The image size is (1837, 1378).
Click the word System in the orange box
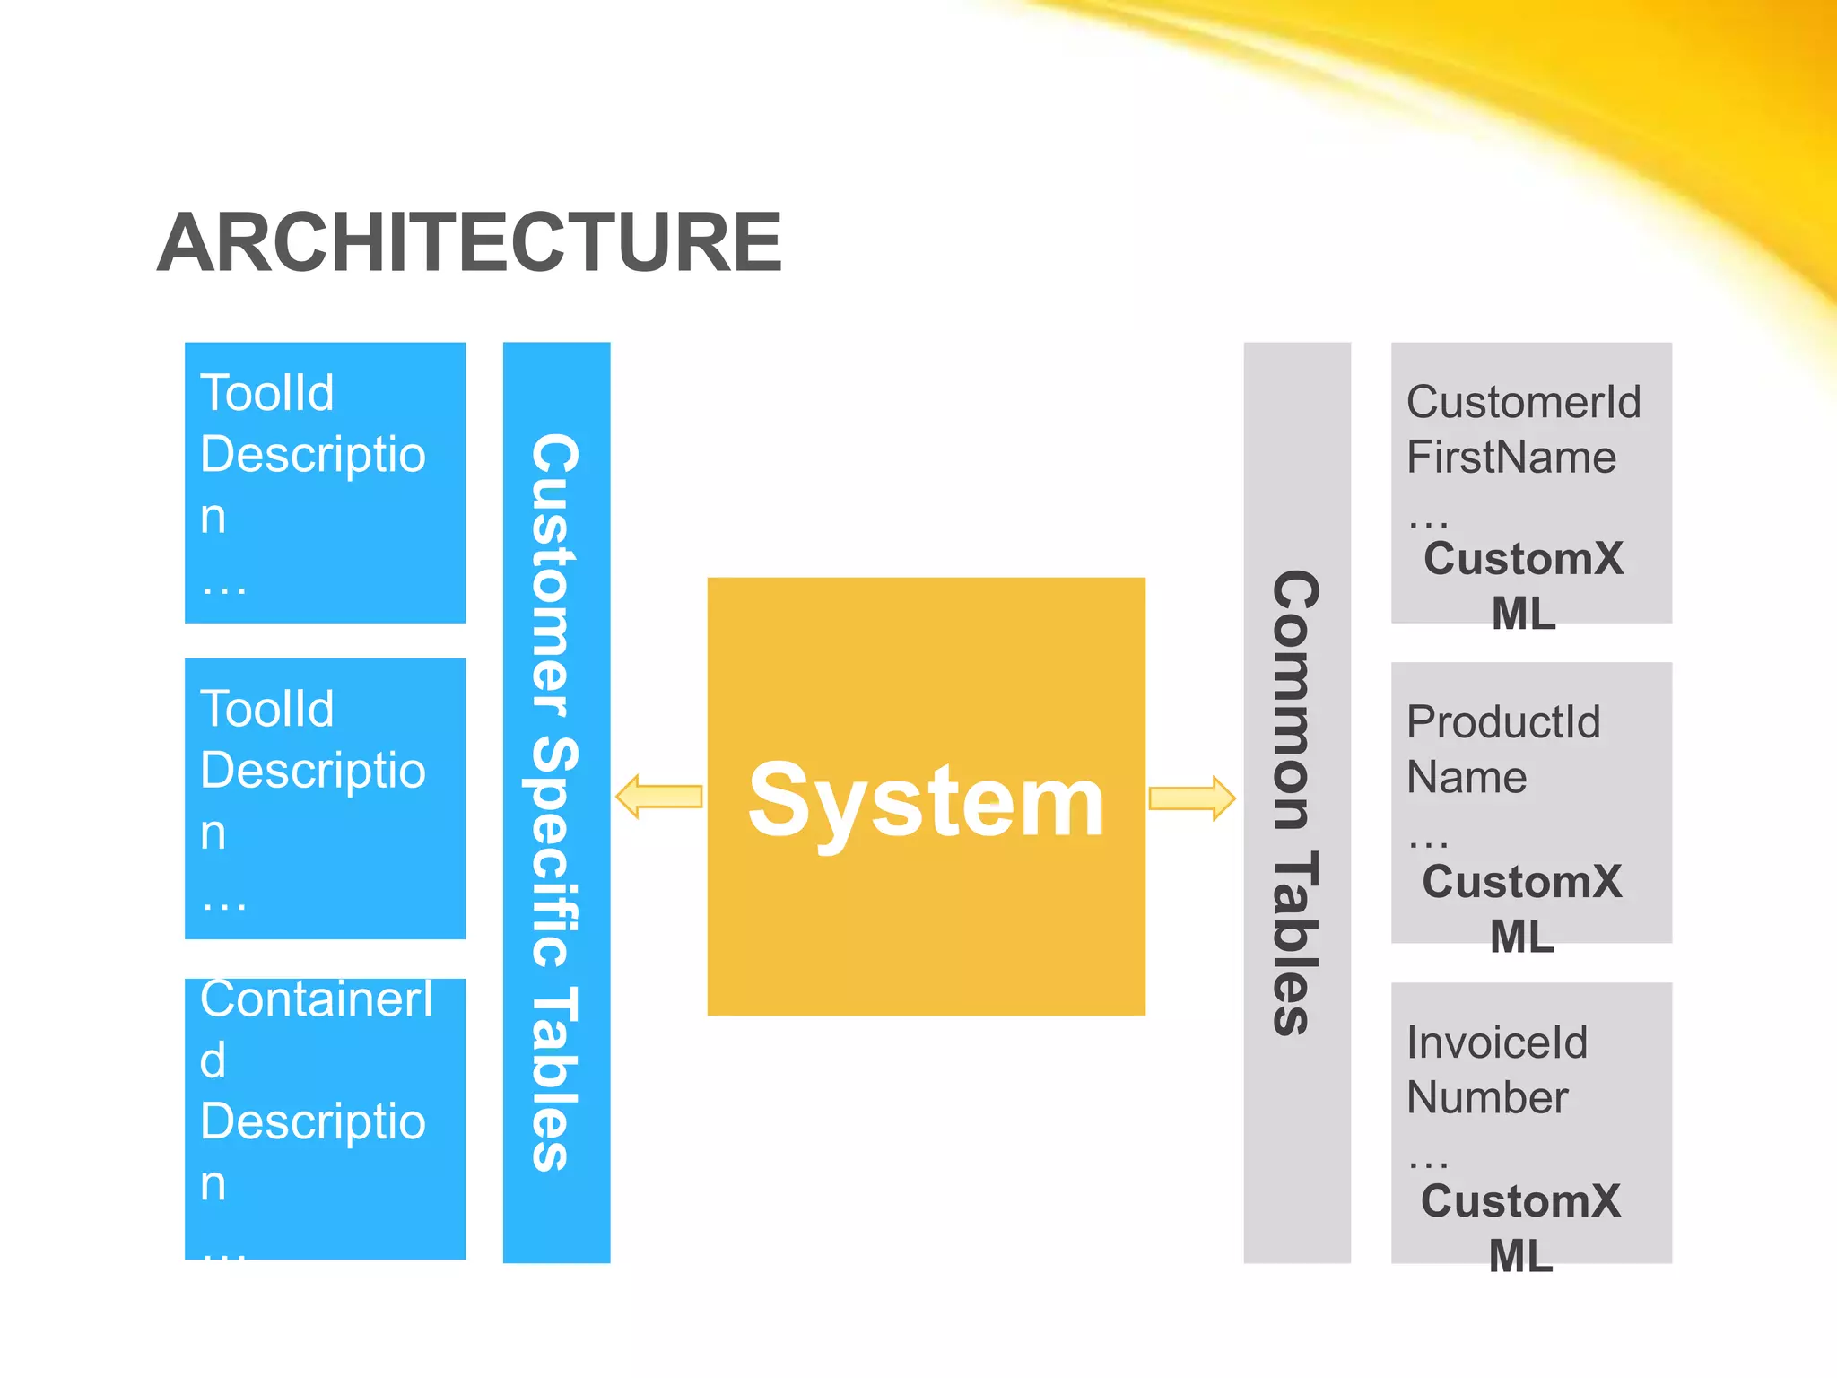pyautogui.click(x=925, y=800)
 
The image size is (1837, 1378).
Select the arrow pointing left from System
pyautogui.click(x=659, y=797)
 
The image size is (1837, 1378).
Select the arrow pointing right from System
pyautogui.click(x=1192, y=798)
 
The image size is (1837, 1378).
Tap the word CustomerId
pyautogui.click(x=1523, y=402)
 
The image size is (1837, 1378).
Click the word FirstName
pyautogui.click(x=1511, y=457)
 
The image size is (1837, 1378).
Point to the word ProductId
pyautogui.click(x=1502, y=722)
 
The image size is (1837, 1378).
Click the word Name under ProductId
pyautogui.click(x=1467, y=777)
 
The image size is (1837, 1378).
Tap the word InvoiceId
pyautogui.click(x=1496, y=1042)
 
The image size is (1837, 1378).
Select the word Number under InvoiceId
pyautogui.click(x=1487, y=1097)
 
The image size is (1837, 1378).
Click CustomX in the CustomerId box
pyautogui.click(x=1523, y=559)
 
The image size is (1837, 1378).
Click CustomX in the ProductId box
pyautogui.click(x=1521, y=882)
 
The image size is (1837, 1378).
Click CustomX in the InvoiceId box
pyautogui.click(x=1520, y=1201)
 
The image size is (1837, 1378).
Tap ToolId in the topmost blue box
pyautogui.click(x=266, y=393)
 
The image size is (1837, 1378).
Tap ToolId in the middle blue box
pyautogui.click(x=266, y=709)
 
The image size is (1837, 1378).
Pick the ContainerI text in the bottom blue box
pyautogui.click(x=316, y=999)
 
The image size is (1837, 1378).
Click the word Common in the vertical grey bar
pyautogui.click(x=1295, y=700)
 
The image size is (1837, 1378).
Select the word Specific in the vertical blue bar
pyautogui.click(x=553, y=852)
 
